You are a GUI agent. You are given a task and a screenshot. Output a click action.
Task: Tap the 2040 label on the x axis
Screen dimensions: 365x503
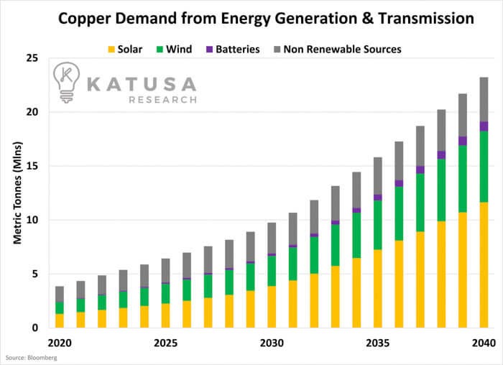pyautogui.click(x=484, y=343)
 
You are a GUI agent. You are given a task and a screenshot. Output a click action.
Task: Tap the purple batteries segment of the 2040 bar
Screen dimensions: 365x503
pyautogui.click(x=484, y=126)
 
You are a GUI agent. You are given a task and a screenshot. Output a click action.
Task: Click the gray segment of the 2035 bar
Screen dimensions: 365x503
pyautogui.click(x=378, y=176)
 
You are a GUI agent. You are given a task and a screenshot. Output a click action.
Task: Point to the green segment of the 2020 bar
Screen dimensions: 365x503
pyautogui.click(x=60, y=308)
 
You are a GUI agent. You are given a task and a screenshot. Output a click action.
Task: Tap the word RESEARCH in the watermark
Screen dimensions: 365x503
pyautogui.click(x=162, y=99)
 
